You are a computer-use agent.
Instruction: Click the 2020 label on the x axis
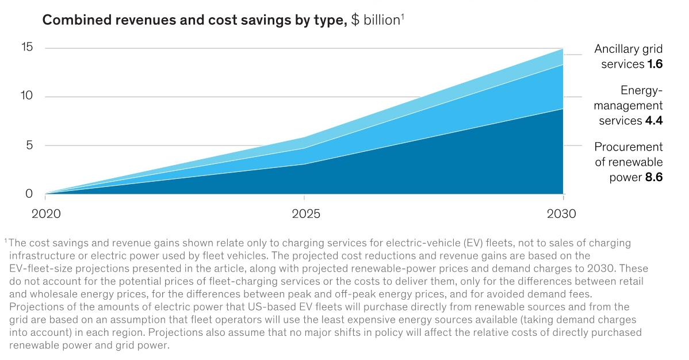tap(47, 214)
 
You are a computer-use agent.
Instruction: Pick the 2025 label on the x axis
tap(305, 214)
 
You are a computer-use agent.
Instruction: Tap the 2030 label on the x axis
tap(561, 214)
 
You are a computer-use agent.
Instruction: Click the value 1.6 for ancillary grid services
tap(655, 64)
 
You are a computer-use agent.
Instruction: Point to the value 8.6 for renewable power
tap(654, 177)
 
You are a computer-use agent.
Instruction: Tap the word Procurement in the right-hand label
tap(629, 147)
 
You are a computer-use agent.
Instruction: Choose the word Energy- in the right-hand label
tap(642, 90)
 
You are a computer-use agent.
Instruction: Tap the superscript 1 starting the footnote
tap(5, 240)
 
